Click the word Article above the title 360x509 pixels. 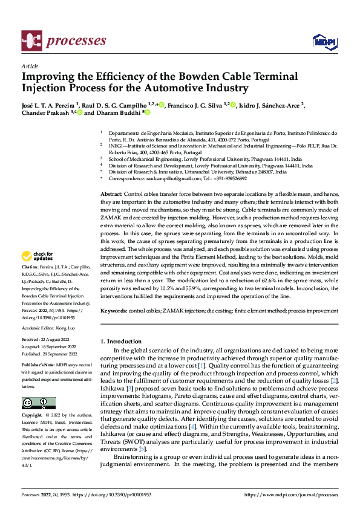click(30, 66)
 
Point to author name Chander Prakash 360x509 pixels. click(45, 112)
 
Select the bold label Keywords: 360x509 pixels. click(114, 311)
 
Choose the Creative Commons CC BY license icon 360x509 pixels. click(38, 403)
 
